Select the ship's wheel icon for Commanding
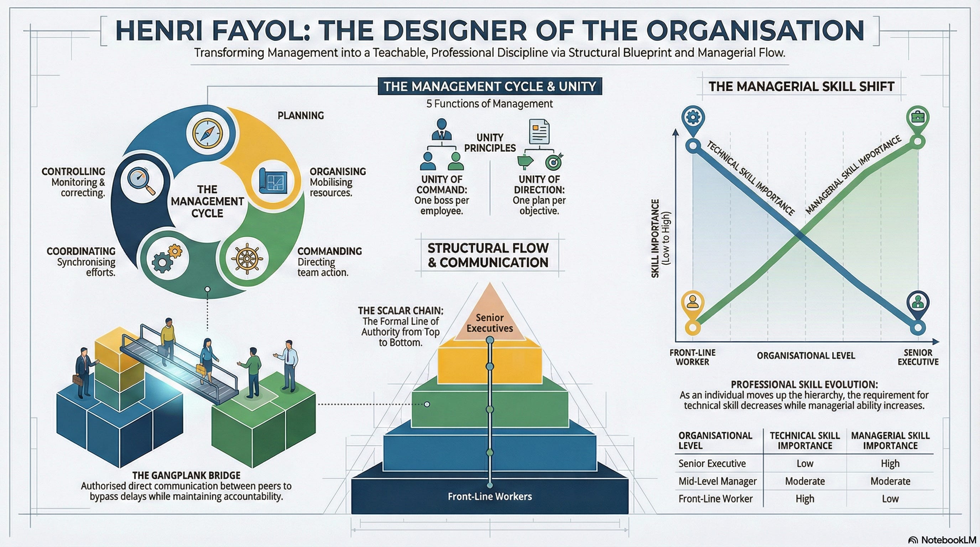click(247, 258)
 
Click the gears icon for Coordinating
click(166, 258)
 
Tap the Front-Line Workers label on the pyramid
click(490, 496)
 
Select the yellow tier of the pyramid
click(490, 363)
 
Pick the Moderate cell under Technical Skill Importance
click(805, 481)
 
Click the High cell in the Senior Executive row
click(890, 463)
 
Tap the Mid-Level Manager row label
click(718, 481)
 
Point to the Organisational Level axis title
click(806, 356)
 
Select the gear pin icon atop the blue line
click(693, 118)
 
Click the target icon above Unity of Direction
click(553, 162)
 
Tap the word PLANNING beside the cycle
click(301, 115)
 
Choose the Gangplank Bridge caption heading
click(186, 475)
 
